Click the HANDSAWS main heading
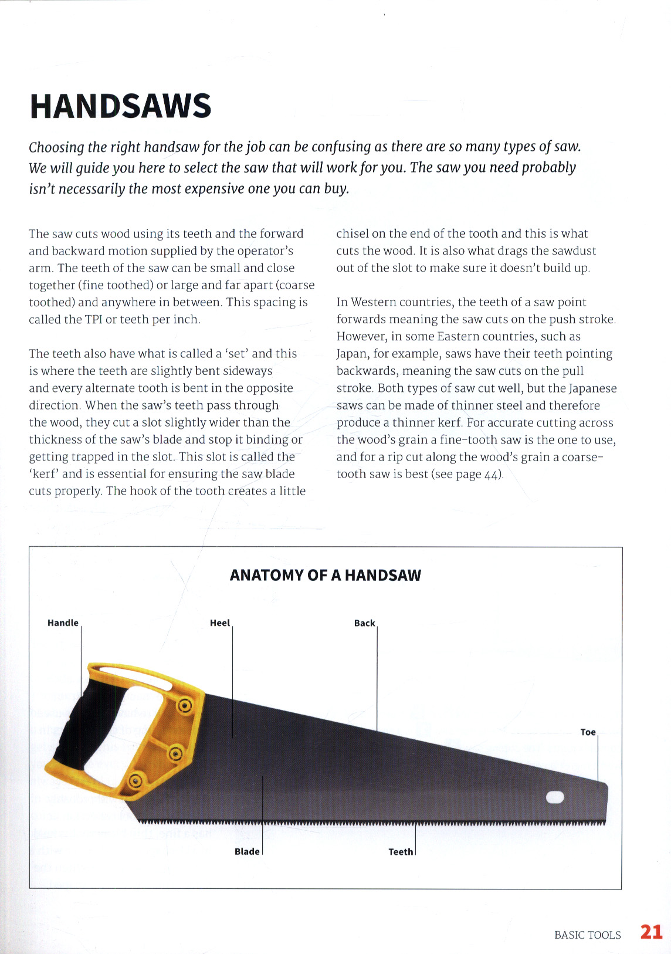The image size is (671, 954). (x=120, y=106)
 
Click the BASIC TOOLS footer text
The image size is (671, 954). (x=587, y=935)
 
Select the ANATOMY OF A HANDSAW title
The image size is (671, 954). (x=326, y=575)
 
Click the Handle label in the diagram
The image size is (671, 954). (x=63, y=623)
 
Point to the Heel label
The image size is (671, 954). (x=220, y=623)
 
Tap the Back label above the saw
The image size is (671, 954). (x=364, y=623)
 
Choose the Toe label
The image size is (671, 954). (x=588, y=732)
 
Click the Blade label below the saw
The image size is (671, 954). (x=247, y=851)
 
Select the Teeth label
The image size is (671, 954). (x=401, y=852)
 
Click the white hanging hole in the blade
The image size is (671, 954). (x=554, y=797)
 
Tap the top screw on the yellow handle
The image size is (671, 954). (x=185, y=705)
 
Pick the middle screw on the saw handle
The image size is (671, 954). (x=176, y=753)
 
